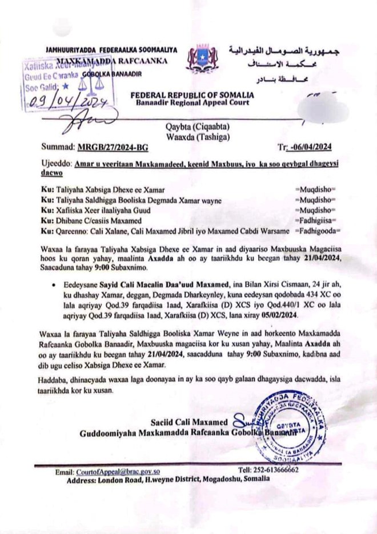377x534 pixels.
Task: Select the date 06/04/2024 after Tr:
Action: click(313, 147)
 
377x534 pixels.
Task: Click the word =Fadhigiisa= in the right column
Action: click(316, 221)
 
